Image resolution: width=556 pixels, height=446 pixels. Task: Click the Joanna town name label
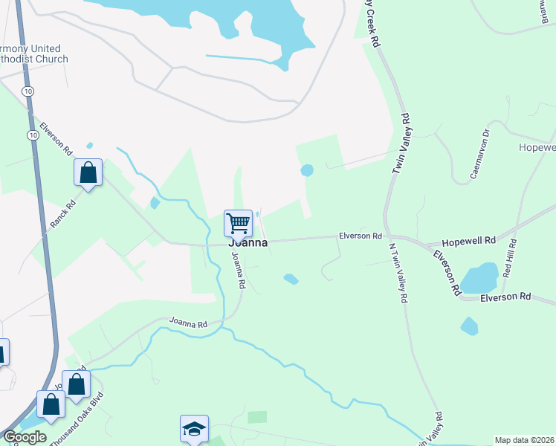tap(248, 242)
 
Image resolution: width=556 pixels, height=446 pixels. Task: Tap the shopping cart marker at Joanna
tap(238, 222)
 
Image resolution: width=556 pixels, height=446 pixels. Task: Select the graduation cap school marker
tap(194, 428)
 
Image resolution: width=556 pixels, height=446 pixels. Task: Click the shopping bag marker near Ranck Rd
tap(88, 173)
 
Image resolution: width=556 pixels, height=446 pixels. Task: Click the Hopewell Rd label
tap(468, 242)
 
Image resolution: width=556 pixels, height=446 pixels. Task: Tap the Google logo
tap(24, 437)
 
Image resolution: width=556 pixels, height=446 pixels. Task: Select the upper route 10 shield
tap(28, 90)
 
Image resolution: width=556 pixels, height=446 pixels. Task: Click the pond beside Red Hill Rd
tap(479, 278)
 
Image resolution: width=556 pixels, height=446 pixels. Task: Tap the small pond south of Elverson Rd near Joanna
tap(291, 279)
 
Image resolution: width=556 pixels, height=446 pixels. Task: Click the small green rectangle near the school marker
tap(256, 417)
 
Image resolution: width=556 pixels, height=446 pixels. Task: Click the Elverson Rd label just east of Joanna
tap(360, 236)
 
